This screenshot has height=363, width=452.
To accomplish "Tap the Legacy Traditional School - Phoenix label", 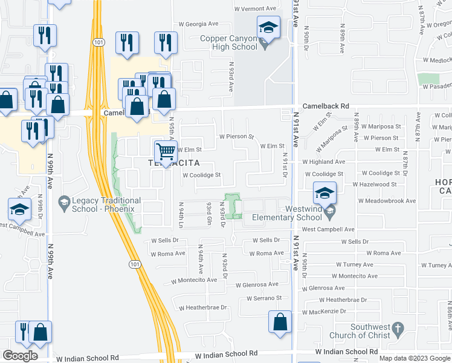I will click(x=106, y=204).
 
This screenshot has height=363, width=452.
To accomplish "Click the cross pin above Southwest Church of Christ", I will click(x=397, y=329).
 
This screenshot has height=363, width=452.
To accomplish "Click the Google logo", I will click(x=20, y=355).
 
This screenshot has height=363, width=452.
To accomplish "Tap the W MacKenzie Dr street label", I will click(x=322, y=311).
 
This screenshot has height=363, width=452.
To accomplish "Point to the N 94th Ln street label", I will click(x=181, y=212).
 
